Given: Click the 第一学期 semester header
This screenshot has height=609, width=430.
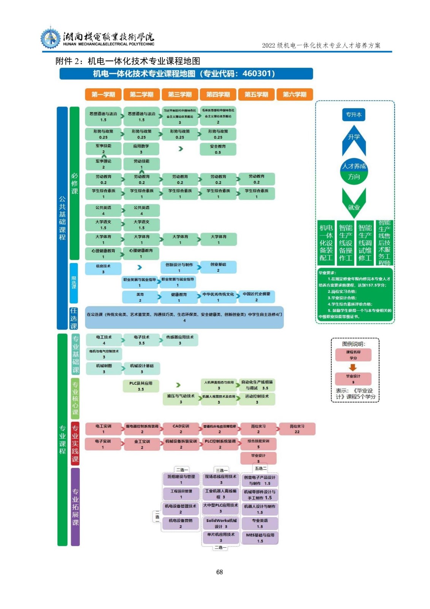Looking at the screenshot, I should (x=103, y=94).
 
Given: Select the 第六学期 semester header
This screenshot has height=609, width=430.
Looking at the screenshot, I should (x=294, y=94).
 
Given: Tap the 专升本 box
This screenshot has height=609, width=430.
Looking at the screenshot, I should (x=354, y=115).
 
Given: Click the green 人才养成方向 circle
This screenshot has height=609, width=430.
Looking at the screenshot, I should (x=354, y=171).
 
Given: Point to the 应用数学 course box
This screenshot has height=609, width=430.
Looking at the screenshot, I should (x=141, y=149).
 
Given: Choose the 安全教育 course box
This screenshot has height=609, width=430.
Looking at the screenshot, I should (x=218, y=149).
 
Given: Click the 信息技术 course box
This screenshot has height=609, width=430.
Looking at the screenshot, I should (x=103, y=269).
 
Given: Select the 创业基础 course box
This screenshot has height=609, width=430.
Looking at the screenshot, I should (x=218, y=267).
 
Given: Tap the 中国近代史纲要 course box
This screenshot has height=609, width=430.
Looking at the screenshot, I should (x=257, y=297).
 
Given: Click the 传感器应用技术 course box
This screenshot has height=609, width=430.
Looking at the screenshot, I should (x=180, y=340).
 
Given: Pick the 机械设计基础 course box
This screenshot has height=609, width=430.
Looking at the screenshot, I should (x=142, y=368).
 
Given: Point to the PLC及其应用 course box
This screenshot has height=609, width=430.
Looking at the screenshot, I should (x=141, y=386).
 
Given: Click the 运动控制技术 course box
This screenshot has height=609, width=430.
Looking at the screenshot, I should (x=257, y=399).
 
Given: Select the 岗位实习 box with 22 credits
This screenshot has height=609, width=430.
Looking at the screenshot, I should (x=297, y=429).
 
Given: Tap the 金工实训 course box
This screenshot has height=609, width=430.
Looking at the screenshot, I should (x=142, y=444).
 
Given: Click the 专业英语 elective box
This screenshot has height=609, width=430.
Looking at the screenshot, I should (x=260, y=523).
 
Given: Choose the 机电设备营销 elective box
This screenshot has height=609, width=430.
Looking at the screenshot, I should (x=181, y=523).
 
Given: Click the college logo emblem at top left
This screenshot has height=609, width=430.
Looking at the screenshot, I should (x=51, y=38).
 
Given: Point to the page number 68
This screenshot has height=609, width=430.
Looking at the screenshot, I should (x=219, y=572).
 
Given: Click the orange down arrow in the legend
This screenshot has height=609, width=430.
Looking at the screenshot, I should (x=353, y=367).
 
